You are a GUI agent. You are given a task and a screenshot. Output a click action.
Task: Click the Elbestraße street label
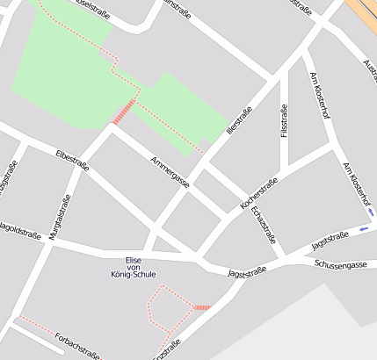[x=71, y=160]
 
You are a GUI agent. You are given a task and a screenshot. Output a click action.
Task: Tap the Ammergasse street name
[x=170, y=171]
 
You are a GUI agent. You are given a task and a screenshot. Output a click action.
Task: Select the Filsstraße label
[x=284, y=121]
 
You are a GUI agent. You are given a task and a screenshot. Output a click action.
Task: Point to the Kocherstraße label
[x=258, y=193]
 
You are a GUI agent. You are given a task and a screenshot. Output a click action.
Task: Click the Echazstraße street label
[x=264, y=225]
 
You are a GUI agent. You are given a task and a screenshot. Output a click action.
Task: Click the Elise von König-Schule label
[x=134, y=267]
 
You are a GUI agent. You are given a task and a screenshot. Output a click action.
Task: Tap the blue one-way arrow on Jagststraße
[x=364, y=230]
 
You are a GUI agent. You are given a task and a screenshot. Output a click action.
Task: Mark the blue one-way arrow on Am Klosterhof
[x=371, y=212]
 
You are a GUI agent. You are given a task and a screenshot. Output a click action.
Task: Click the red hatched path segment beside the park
[x=124, y=112]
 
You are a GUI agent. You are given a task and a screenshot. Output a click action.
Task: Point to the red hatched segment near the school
[x=202, y=307]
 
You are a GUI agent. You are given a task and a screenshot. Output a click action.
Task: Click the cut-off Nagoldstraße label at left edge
[x=19, y=234]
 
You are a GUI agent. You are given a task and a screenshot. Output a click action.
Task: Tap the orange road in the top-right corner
[x=362, y=13]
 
